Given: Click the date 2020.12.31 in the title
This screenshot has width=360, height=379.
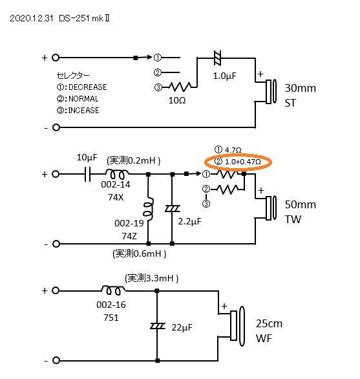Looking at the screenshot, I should click(31, 19).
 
